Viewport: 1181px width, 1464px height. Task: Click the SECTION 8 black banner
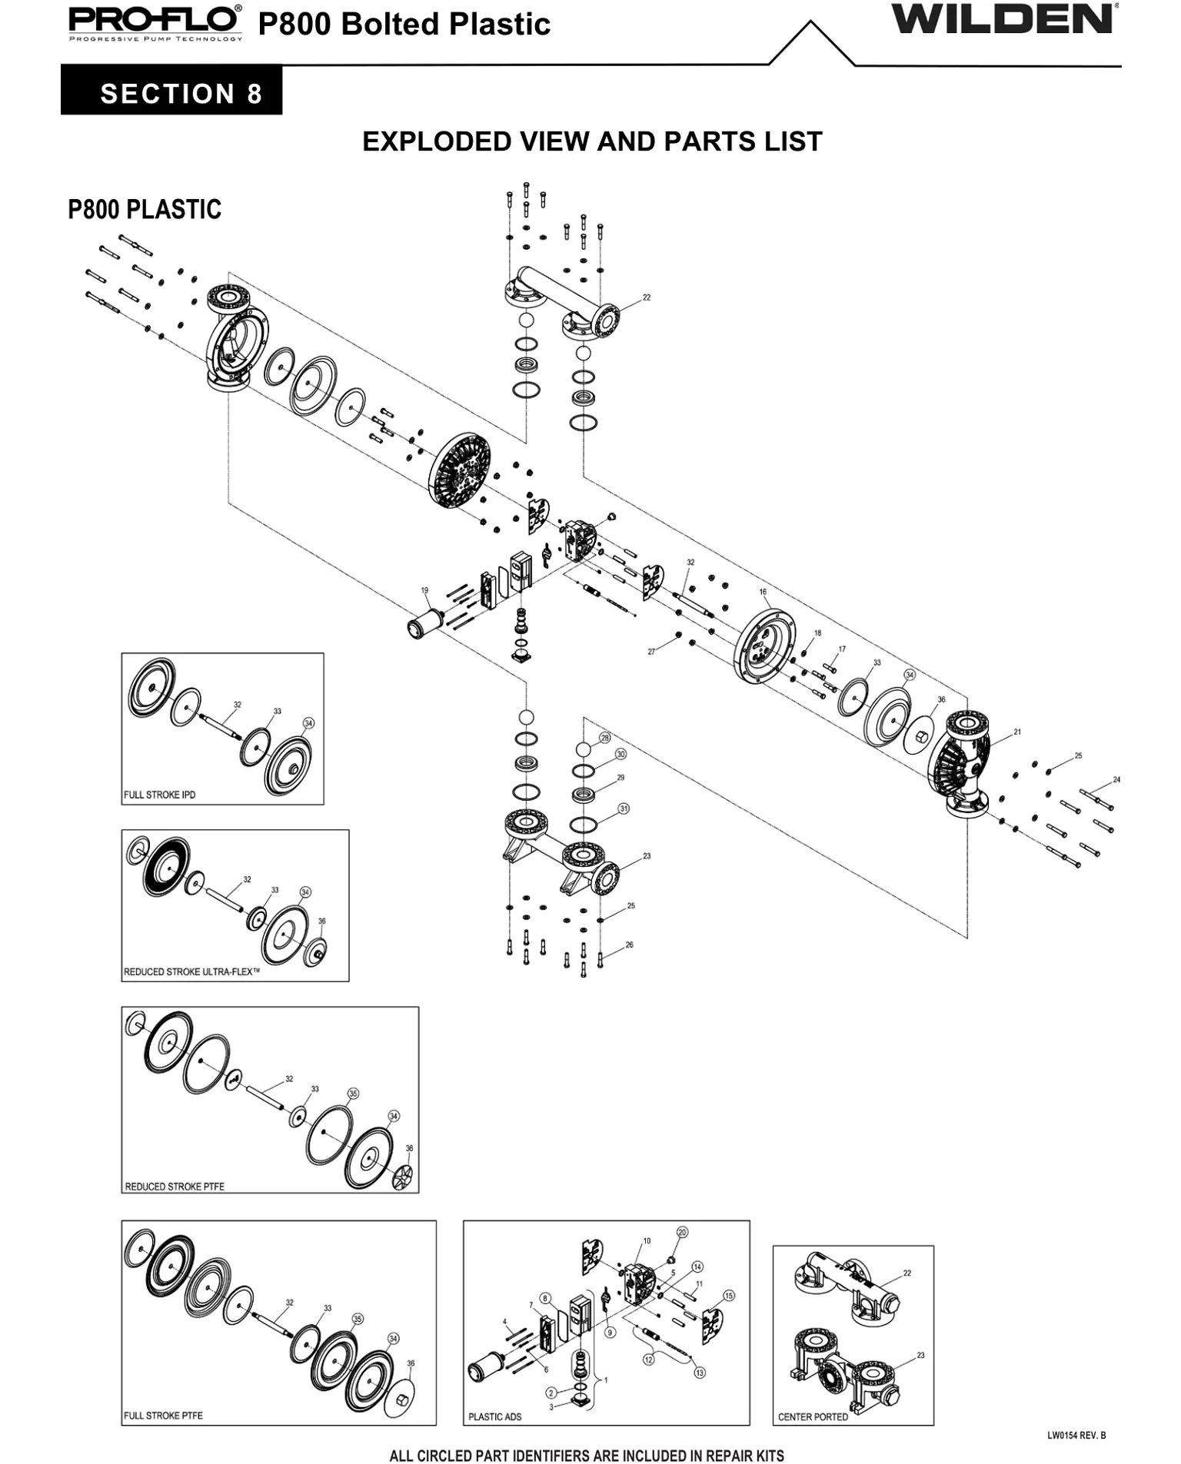pos(169,93)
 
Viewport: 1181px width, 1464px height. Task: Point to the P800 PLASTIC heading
pos(145,209)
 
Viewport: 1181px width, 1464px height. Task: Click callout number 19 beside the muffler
pos(424,590)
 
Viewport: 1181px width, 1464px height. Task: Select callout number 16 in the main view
pos(763,592)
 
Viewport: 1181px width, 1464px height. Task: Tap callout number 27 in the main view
pos(651,651)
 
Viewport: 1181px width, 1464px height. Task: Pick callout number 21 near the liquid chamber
pos(1017,732)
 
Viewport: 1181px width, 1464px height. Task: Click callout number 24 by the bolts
pos(1116,780)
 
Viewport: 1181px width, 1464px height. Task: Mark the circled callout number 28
pos(605,738)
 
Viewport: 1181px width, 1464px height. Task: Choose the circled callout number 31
pos(624,808)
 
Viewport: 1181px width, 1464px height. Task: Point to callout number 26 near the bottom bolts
pos(629,944)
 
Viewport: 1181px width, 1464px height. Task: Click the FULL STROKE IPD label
pos(160,795)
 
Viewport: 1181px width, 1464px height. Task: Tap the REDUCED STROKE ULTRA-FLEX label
pos(191,971)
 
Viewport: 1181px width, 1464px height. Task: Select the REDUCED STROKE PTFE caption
pos(175,1186)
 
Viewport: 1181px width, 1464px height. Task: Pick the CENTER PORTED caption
pos(813,1416)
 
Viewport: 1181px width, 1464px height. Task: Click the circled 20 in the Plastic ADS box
pos(682,1232)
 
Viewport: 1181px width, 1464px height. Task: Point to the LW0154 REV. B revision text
pos(1076,1435)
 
